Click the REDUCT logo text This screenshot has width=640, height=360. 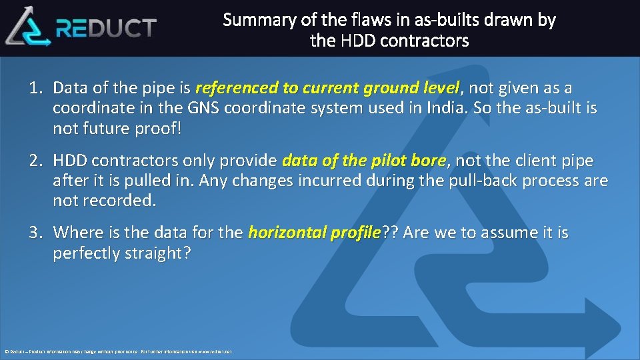[107, 28]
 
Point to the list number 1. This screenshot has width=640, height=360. [35, 88]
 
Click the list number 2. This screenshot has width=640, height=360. [35, 161]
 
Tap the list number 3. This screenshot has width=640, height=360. [35, 233]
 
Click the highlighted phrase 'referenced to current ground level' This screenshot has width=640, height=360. [327, 88]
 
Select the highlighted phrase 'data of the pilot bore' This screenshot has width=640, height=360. [364, 161]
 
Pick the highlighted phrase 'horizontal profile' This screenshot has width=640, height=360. [313, 233]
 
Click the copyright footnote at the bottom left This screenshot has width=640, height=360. [117, 351]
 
